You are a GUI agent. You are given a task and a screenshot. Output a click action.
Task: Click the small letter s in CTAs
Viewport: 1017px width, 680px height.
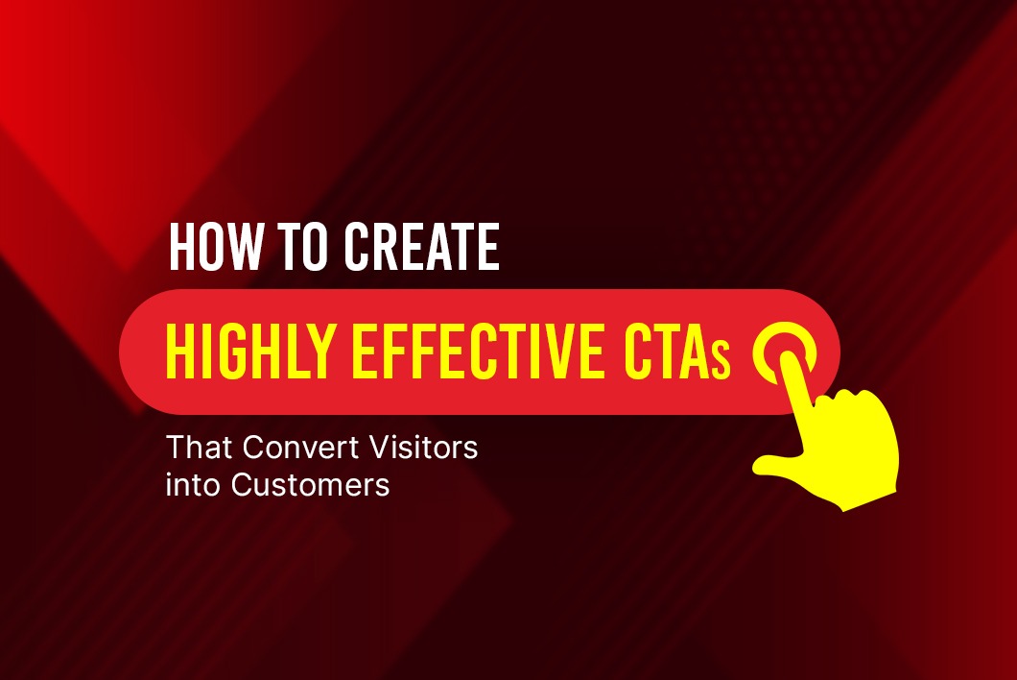click(720, 362)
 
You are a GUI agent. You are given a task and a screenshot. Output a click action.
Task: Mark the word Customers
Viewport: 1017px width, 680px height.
click(310, 485)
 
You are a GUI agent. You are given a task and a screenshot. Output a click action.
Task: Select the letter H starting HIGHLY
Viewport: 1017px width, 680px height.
click(177, 352)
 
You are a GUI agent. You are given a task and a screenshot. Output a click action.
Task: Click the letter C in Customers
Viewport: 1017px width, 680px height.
click(242, 485)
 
